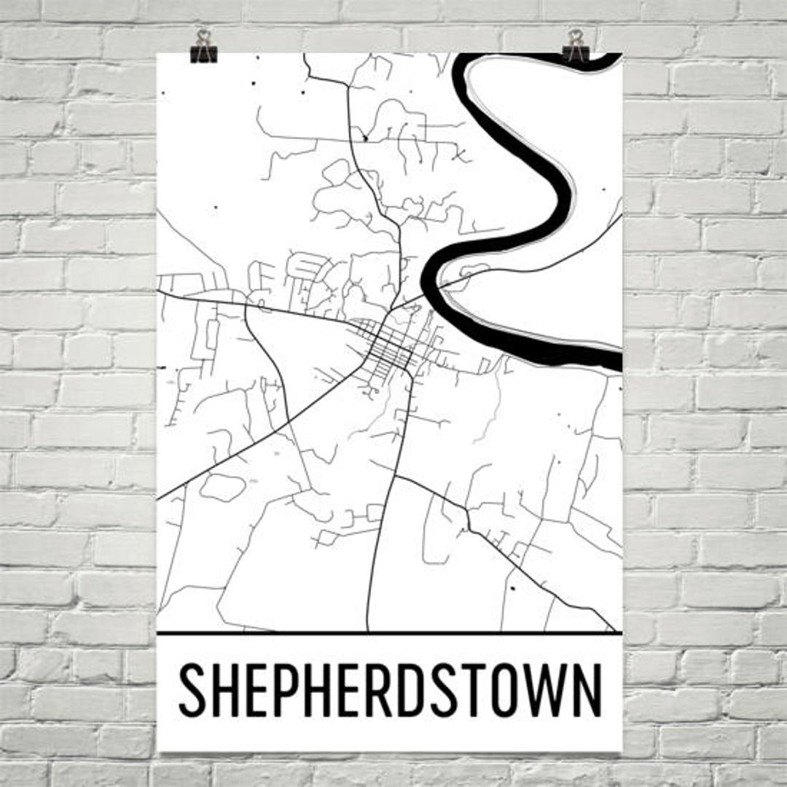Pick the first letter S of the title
pos(192,689)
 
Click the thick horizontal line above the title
pos(390,633)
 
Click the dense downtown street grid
pos(386,346)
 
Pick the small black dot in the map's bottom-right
pos(512,587)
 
